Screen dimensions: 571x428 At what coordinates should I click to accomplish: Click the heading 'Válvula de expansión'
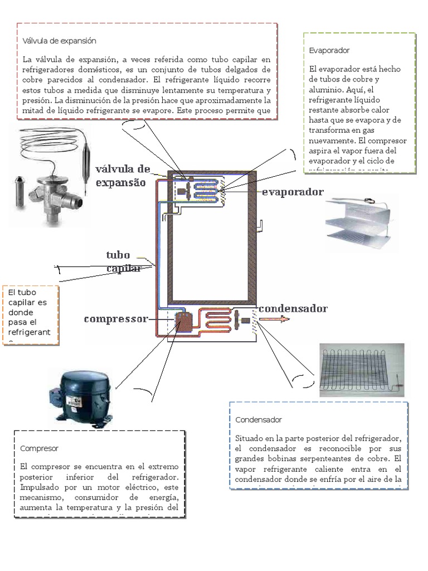coord(60,41)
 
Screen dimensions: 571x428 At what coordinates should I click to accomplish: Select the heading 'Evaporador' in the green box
coord(329,50)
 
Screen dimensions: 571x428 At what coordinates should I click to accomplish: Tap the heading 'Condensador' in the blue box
coord(258,419)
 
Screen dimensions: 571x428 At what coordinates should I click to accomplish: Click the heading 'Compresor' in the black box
coord(39,448)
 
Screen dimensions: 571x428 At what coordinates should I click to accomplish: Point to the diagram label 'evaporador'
coord(293,192)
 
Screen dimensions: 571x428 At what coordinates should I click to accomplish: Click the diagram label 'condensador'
coord(293,308)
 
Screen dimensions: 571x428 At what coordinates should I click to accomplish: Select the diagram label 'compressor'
coord(116,319)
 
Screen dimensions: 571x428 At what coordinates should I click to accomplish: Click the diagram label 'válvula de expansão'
coord(123,175)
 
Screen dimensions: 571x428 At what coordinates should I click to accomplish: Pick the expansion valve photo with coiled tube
coord(53,176)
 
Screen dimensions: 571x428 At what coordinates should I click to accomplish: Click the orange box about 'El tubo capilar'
coord(31,314)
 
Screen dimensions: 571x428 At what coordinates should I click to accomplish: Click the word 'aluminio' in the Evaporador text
coord(329,89)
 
